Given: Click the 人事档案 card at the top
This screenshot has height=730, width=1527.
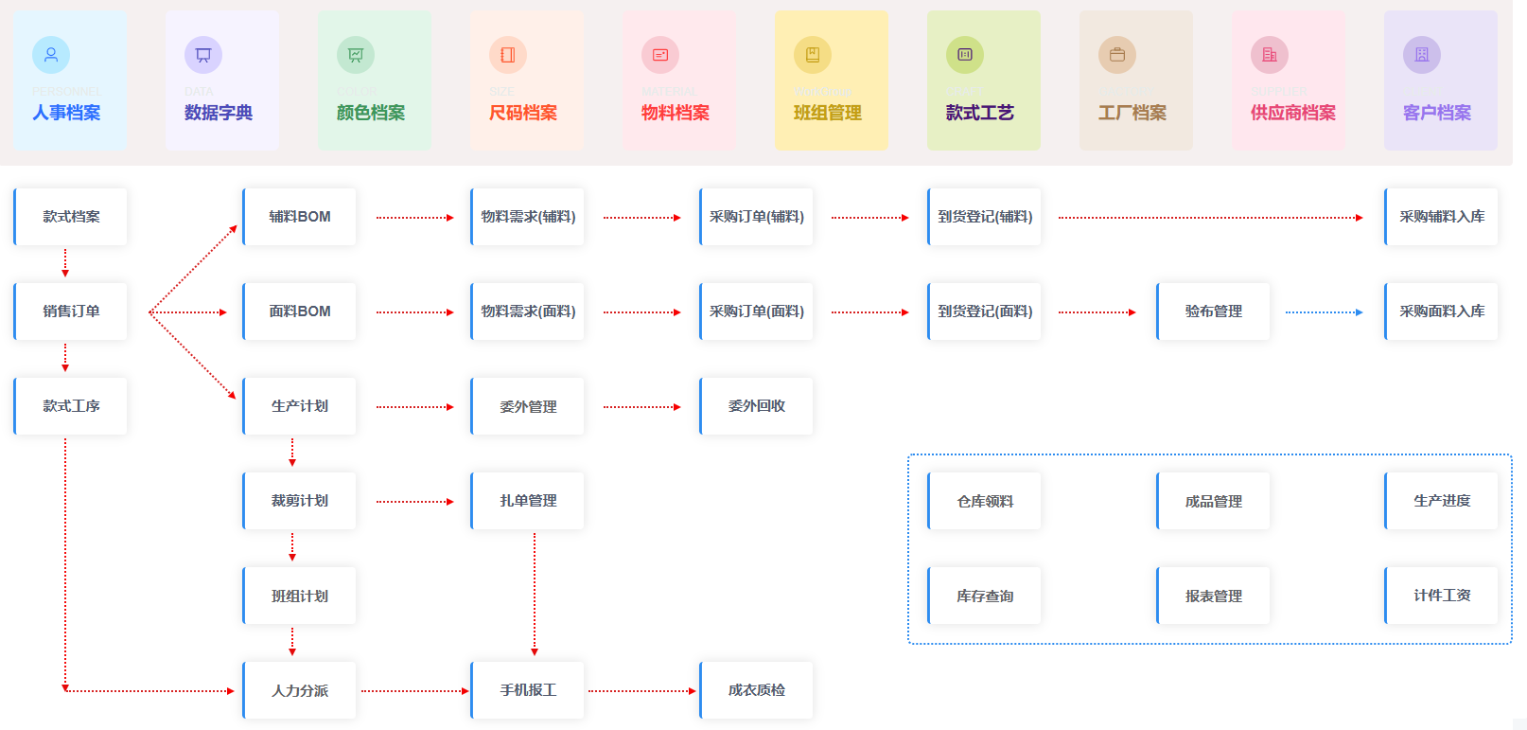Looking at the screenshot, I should [70, 80].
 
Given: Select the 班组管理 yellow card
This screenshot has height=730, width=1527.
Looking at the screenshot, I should [832, 80].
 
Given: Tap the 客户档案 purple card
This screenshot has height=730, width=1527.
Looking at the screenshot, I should [1440, 80].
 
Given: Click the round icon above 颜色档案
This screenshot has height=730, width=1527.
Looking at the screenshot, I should [356, 55].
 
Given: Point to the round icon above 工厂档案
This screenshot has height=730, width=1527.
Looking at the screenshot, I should [1117, 55].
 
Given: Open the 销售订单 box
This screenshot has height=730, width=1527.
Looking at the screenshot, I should [71, 312].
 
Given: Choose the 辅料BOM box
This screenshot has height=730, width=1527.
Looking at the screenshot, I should [300, 217].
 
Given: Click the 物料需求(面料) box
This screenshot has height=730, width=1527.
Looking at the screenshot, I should [528, 312].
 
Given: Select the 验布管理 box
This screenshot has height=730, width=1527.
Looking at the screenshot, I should [1214, 312].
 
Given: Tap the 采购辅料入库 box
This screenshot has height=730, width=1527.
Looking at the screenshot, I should [1442, 217].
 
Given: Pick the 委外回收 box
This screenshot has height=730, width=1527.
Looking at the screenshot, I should [757, 406].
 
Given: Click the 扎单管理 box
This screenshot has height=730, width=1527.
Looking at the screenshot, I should [528, 501].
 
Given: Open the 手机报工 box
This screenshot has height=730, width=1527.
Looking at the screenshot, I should [528, 690].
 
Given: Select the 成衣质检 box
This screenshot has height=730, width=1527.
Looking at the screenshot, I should [757, 690].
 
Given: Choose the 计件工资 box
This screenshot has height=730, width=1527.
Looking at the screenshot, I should [1442, 596].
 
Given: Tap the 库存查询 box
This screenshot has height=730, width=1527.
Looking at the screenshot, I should [985, 596].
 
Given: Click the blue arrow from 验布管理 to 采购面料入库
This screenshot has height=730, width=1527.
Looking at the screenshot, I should [1325, 312].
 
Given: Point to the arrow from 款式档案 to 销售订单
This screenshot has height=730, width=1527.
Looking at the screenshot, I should [65, 263].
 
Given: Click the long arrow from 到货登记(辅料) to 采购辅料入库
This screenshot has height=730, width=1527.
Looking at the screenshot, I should [1211, 218].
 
